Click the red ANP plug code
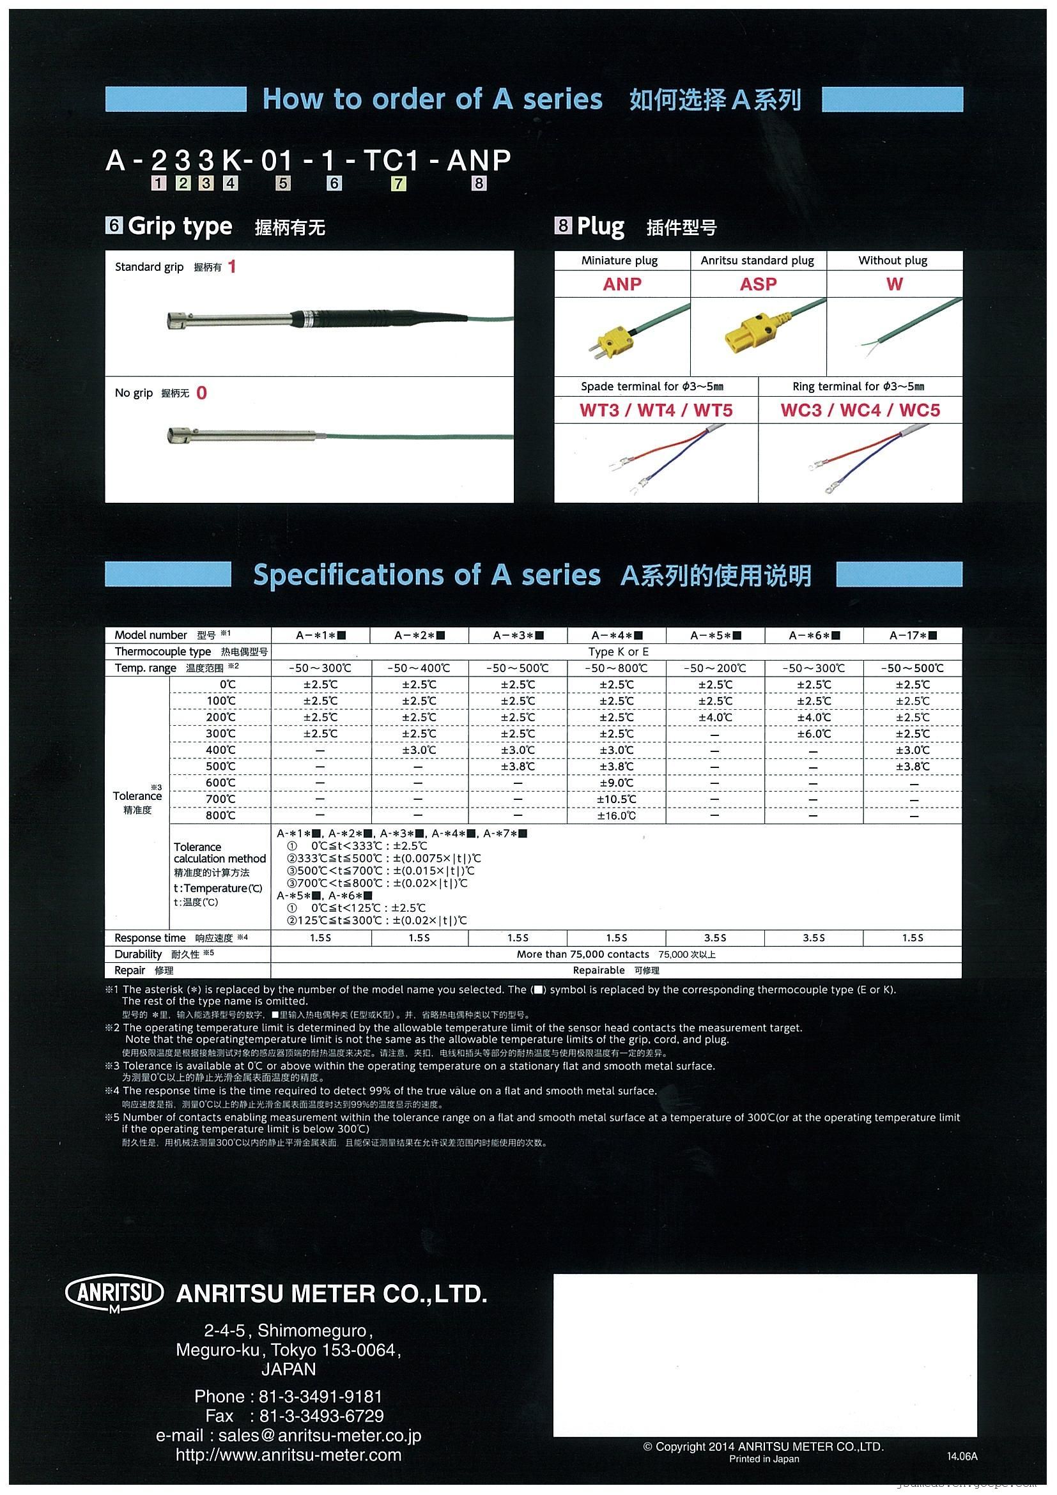tap(622, 284)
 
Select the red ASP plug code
tap(758, 284)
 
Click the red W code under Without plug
tap(894, 284)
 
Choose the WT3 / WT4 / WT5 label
tap(656, 410)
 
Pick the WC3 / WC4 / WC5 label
tap(860, 410)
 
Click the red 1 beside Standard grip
tap(232, 267)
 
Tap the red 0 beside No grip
tap(201, 394)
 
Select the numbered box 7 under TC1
tap(398, 183)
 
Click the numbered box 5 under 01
tap(282, 183)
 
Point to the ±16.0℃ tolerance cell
tap(616, 816)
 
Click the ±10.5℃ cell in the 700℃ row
tap(616, 800)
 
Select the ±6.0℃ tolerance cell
tap(814, 734)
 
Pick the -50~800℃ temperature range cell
tap(616, 668)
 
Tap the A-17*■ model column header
tap(913, 636)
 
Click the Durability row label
tap(138, 954)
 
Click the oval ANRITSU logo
tap(114, 1292)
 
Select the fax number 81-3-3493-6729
tap(321, 1416)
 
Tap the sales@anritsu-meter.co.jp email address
tap(320, 1435)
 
